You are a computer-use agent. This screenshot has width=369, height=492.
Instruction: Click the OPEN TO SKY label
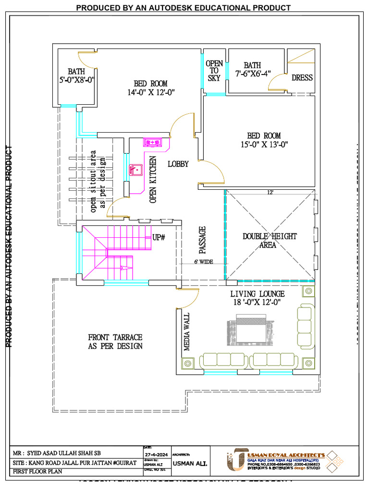(x=214, y=71)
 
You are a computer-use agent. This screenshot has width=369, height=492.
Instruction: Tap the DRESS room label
(x=302, y=78)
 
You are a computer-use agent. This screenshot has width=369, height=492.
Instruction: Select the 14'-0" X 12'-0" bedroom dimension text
(x=151, y=92)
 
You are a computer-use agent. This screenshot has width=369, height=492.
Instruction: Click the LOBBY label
(x=178, y=164)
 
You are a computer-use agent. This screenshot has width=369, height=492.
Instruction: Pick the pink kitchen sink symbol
(x=135, y=170)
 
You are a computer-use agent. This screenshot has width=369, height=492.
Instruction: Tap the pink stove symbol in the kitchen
(x=153, y=142)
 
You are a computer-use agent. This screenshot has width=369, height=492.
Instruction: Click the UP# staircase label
(x=159, y=237)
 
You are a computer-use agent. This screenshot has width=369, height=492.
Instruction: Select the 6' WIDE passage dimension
(x=203, y=262)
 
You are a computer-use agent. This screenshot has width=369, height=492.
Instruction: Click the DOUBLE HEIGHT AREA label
(x=269, y=240)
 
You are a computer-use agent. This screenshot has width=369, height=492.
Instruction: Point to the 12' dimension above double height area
(x=271, y=192)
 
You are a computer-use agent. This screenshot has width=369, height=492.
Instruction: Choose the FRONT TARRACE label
(x=115, y=341)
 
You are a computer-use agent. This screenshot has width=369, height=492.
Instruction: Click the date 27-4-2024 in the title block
(x=156, y=454)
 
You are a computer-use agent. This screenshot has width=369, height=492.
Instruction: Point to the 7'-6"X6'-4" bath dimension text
(x=253, y=74)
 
